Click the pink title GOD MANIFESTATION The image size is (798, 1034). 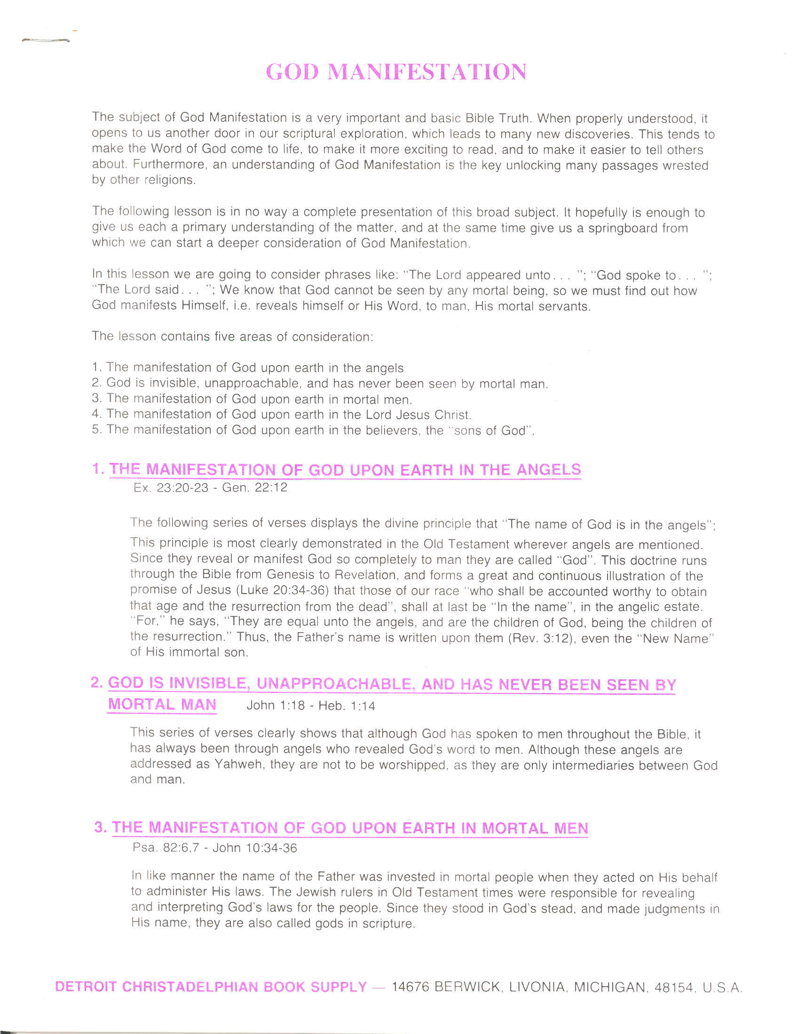click(x=395, y=72)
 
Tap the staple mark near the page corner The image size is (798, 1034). click(x=46, y=41)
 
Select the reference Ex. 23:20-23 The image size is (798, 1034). click(x=171, y=488)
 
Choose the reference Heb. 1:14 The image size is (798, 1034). click(x=347, y=706)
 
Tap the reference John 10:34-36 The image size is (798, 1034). click(x=255, y=847)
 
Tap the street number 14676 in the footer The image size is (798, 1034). click(x=411, y=987)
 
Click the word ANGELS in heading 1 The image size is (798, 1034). click(x=549, y=469)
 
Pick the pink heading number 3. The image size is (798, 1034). click(x=99, y=827)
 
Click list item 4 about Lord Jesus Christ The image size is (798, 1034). click(x=282, y=414)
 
